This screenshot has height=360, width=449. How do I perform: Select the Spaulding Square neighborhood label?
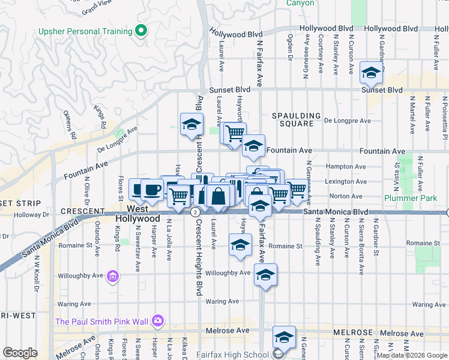293,119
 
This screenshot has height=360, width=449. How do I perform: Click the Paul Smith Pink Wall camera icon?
157,321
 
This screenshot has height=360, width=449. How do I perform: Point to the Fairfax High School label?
237,355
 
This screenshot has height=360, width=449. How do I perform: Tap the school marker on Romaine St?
240,246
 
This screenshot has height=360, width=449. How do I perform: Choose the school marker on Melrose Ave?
285,336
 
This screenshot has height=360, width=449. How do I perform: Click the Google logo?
20,353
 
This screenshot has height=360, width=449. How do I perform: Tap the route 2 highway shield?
195,212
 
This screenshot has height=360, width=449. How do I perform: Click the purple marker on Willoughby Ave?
112,277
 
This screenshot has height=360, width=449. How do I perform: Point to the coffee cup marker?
152,190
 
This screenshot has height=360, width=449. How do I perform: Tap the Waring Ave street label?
222,301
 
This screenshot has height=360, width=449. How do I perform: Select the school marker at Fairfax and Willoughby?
265,275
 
